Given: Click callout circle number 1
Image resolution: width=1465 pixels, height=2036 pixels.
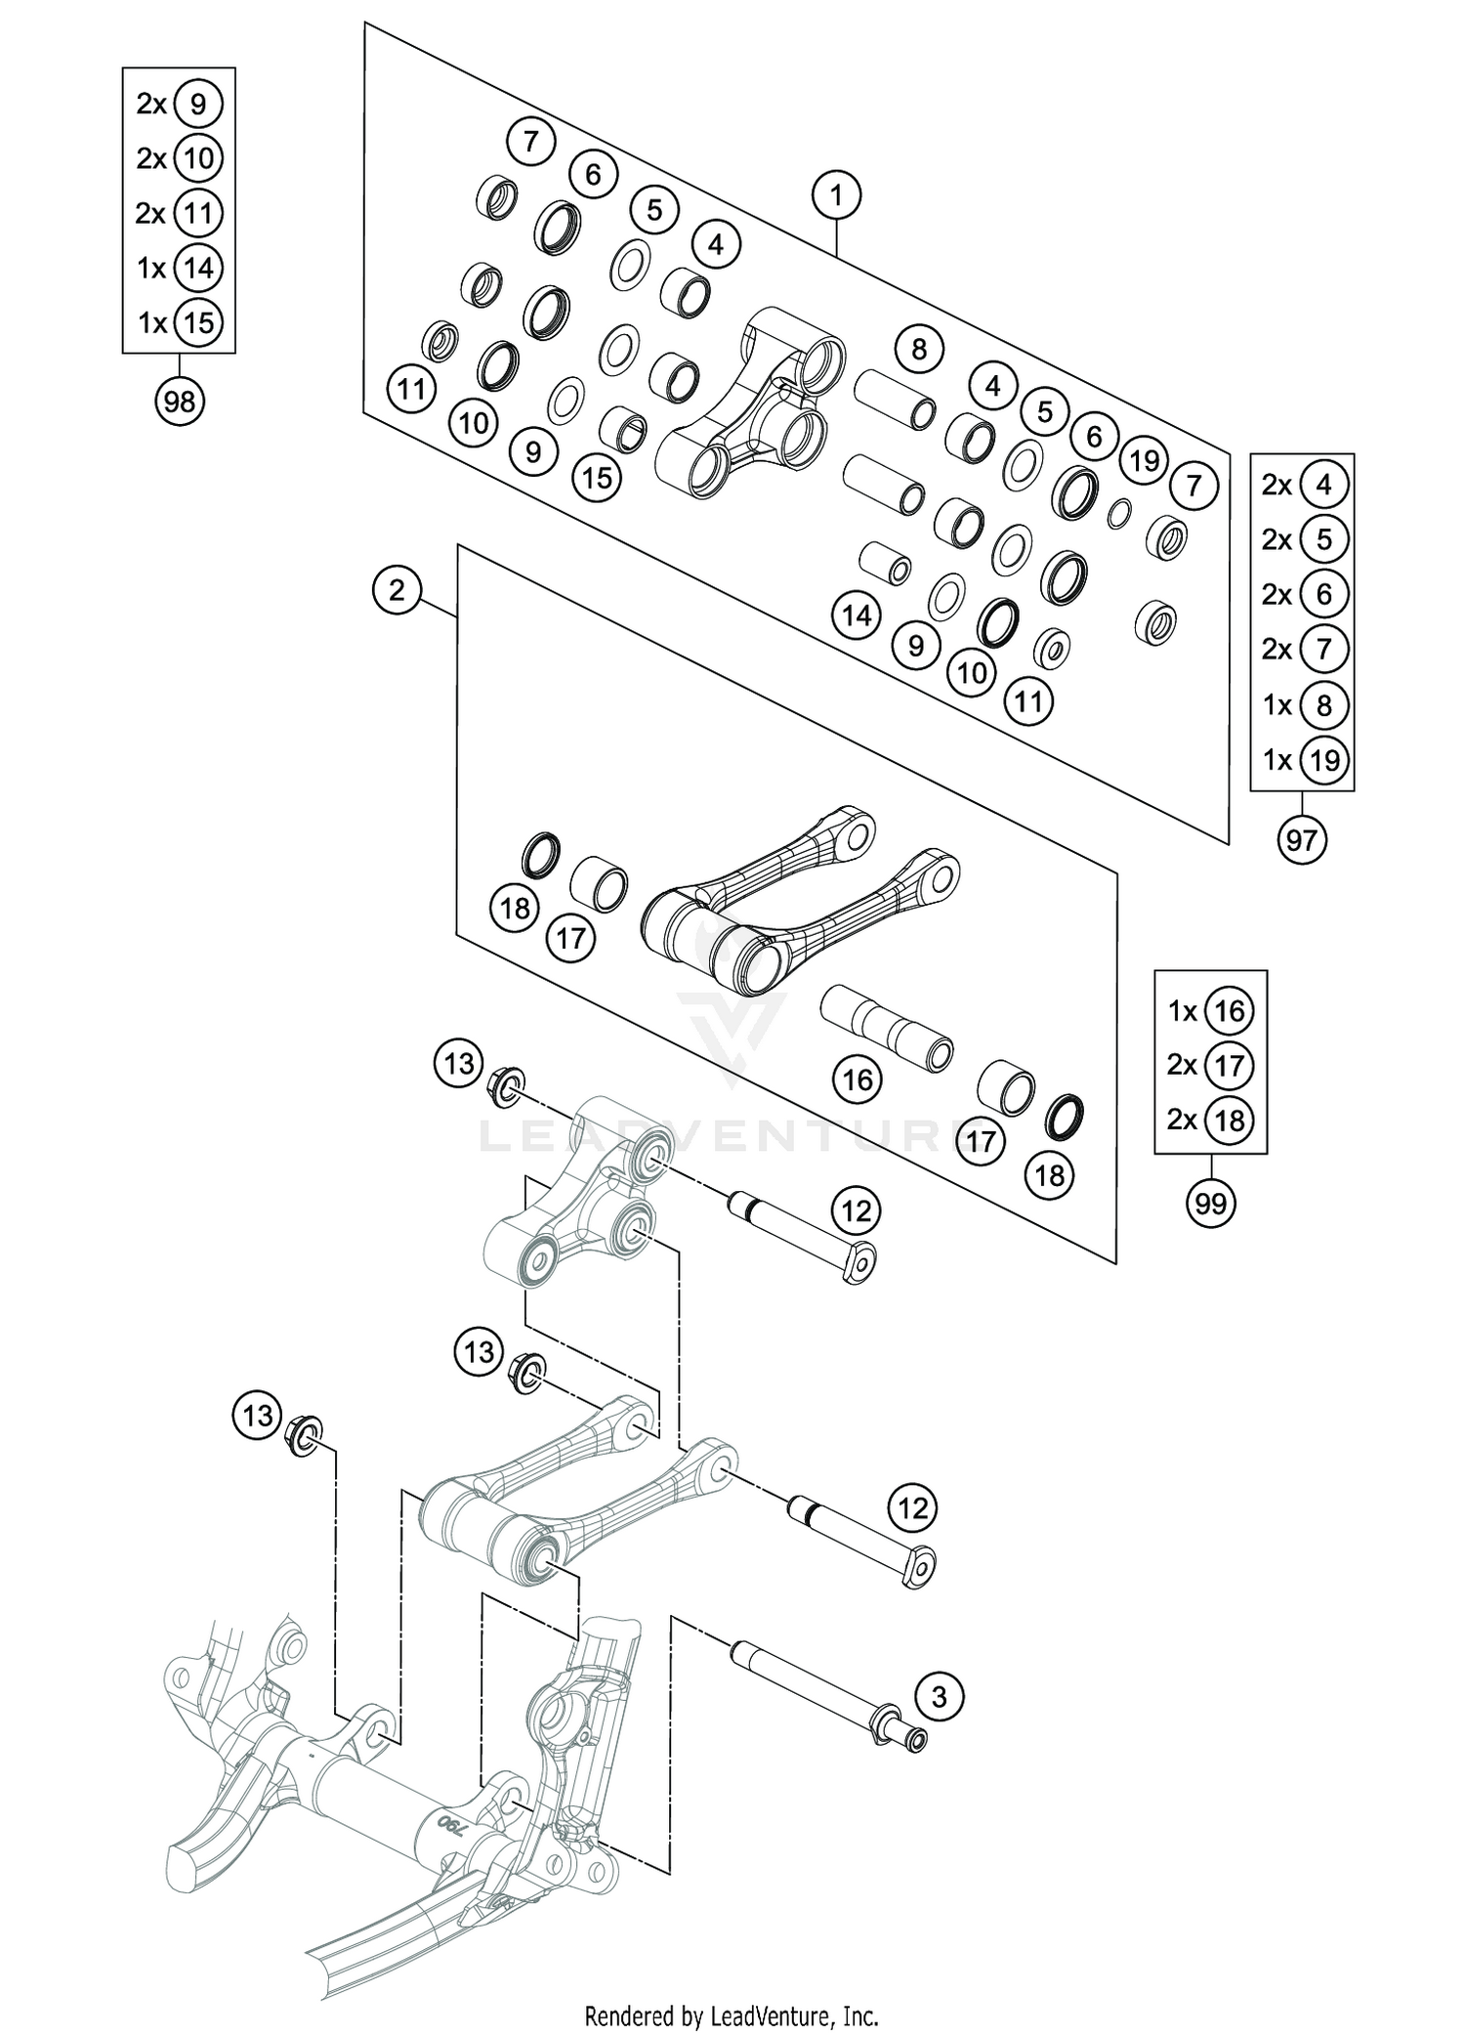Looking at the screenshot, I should tap(836, 196).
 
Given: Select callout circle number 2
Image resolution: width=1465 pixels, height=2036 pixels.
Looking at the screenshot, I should tap(397, 590).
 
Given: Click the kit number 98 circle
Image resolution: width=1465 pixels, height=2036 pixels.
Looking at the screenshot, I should tap(180, 401).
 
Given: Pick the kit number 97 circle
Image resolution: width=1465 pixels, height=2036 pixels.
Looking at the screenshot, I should tap(1302, 838).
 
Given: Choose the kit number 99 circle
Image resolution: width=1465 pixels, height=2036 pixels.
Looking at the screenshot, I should tap(1210, 1204).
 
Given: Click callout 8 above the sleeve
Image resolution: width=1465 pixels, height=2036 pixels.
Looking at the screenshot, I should tap(918, 348).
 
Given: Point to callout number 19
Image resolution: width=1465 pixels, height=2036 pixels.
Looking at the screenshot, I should tap(1145, 459).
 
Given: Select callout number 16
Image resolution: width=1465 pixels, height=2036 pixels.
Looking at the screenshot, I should tap(858, 1080).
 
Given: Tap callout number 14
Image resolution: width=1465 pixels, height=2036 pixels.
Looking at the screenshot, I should tap(857, 615).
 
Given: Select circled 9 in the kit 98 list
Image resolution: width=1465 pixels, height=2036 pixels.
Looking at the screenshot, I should tap(198, 104).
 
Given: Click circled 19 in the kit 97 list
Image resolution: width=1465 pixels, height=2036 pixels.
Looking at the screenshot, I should tap(1323, 759).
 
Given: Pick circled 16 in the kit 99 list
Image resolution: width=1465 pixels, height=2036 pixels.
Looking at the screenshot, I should tap(1229, 1010).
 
